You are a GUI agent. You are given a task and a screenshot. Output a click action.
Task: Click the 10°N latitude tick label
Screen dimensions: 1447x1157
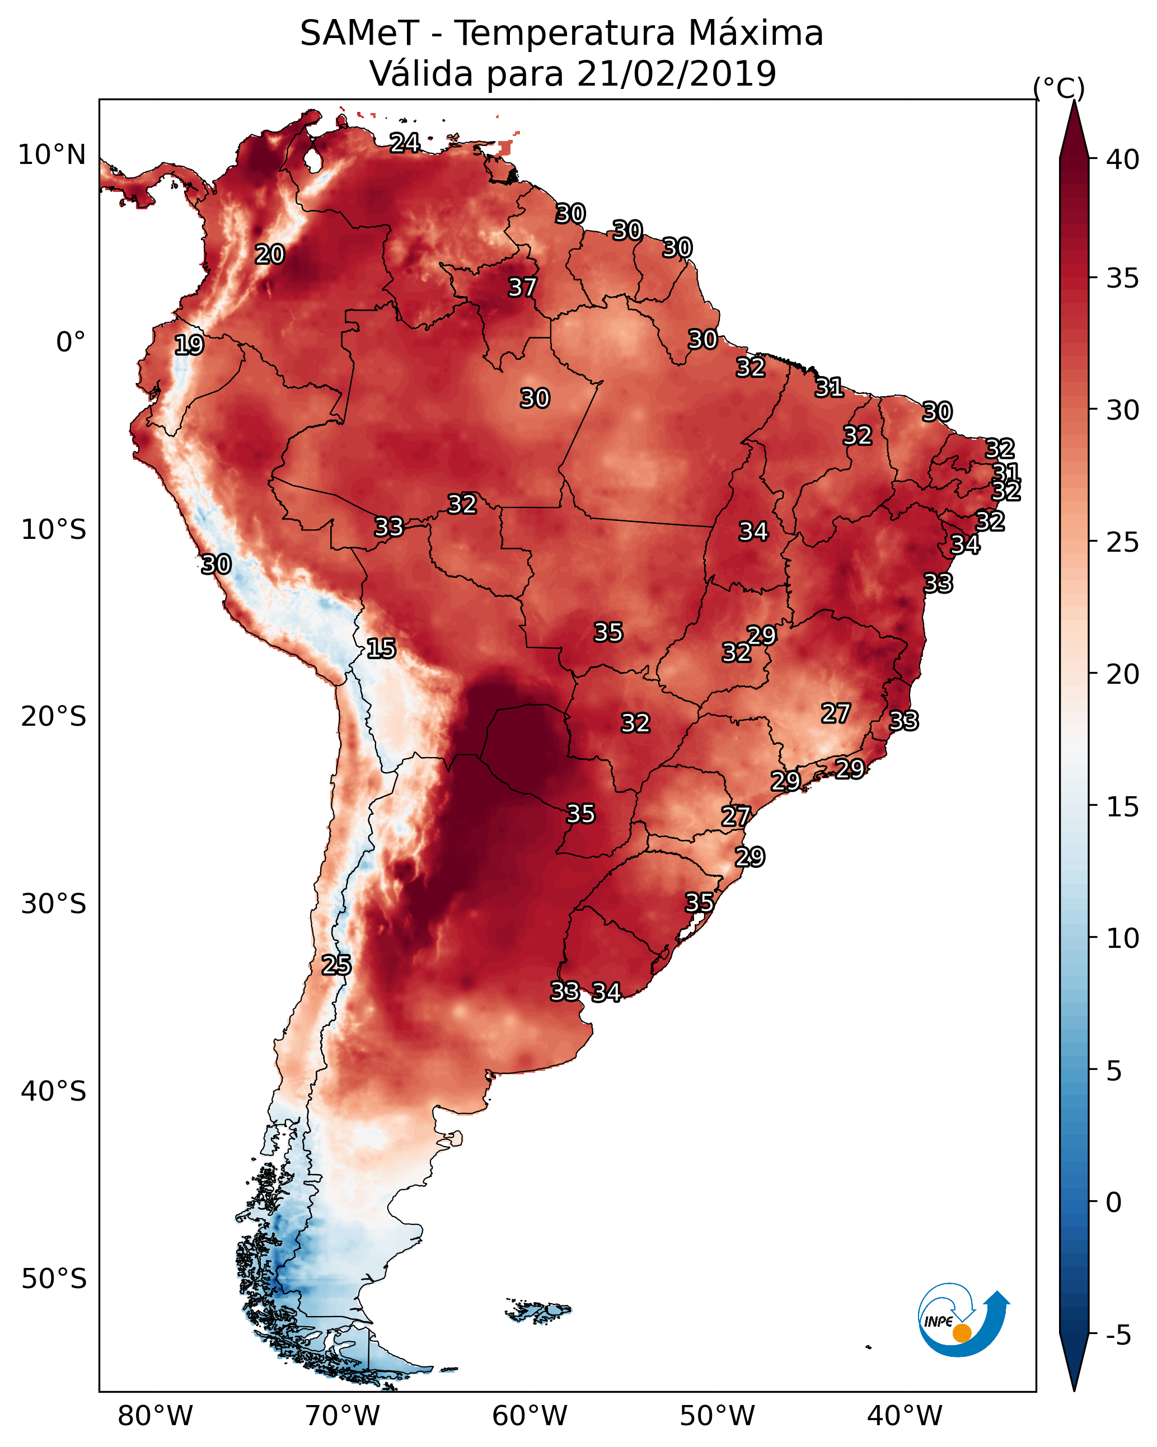click(51, 155)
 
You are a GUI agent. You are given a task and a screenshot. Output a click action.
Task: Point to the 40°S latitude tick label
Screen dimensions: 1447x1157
click(54, 1091)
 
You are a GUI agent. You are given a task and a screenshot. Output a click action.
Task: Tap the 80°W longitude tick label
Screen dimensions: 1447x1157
click(155, 1416)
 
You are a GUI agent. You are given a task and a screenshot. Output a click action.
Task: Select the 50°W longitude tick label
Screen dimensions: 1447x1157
click(717, 1416)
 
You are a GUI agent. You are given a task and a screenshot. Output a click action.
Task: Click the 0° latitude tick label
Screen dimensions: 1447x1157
click(71, 342)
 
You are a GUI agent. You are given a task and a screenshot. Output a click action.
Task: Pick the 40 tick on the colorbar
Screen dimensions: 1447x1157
click(1123, 159)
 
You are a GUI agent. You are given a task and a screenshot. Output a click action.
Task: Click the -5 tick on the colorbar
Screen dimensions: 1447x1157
click(1118, 1336)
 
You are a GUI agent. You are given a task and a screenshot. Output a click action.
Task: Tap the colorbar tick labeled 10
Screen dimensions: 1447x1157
click(1123, 938)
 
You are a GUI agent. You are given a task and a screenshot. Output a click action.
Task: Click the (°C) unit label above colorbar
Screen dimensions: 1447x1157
click(1058, 88)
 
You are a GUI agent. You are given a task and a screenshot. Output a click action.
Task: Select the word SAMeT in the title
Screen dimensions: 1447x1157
click(359, 34)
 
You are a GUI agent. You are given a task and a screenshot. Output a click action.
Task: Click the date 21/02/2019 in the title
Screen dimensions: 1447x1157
click(676, 74)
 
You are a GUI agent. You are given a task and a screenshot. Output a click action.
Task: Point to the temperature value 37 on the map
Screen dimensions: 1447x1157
click(522, 287)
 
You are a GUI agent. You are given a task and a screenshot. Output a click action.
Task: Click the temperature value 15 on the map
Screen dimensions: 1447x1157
click(381, 649)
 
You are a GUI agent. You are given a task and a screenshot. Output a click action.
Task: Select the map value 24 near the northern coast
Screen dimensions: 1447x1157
click(405, 142)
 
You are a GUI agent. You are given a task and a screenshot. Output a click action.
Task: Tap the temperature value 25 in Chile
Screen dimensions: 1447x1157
click(336, 965)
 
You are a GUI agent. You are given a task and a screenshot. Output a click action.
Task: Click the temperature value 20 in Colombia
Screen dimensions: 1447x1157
click(269, 255)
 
